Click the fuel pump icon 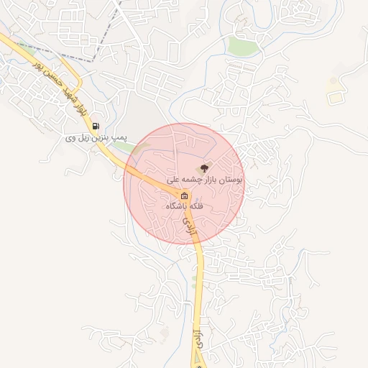[x=96, y=126]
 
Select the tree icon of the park [x=205, y=167]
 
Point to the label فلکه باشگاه [x=185, y=206]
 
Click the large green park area [x=243, y=46]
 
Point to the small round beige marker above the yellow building [x=333, y=80]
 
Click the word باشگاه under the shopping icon [x=177, y=206]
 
